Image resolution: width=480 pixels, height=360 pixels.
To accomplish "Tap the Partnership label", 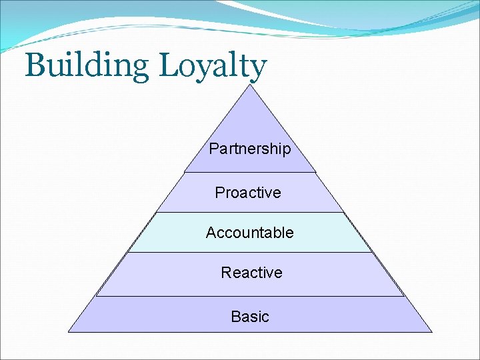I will point(250,149).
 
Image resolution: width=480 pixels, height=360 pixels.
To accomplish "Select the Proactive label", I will point(248,193).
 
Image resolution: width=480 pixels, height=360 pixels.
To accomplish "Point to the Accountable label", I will point(250,233).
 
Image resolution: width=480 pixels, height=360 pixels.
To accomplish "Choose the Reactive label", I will point(251,273).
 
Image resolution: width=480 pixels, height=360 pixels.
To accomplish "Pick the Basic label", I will point(250,317).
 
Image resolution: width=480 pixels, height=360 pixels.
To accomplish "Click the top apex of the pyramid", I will point(250,85).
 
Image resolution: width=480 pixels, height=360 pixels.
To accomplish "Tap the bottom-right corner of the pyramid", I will point(431,331).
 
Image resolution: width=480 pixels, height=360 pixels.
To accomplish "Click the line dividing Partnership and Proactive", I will point(250,172).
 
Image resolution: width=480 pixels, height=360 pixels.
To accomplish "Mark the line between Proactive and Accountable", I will point(250,212).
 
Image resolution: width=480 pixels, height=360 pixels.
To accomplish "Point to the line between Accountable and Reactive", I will point(250,252).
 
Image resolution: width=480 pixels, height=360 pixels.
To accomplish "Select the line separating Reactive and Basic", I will point(250,296).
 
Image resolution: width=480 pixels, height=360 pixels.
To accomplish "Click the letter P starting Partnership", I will point(213,149).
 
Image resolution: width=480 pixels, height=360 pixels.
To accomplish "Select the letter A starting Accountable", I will point(211,233).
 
